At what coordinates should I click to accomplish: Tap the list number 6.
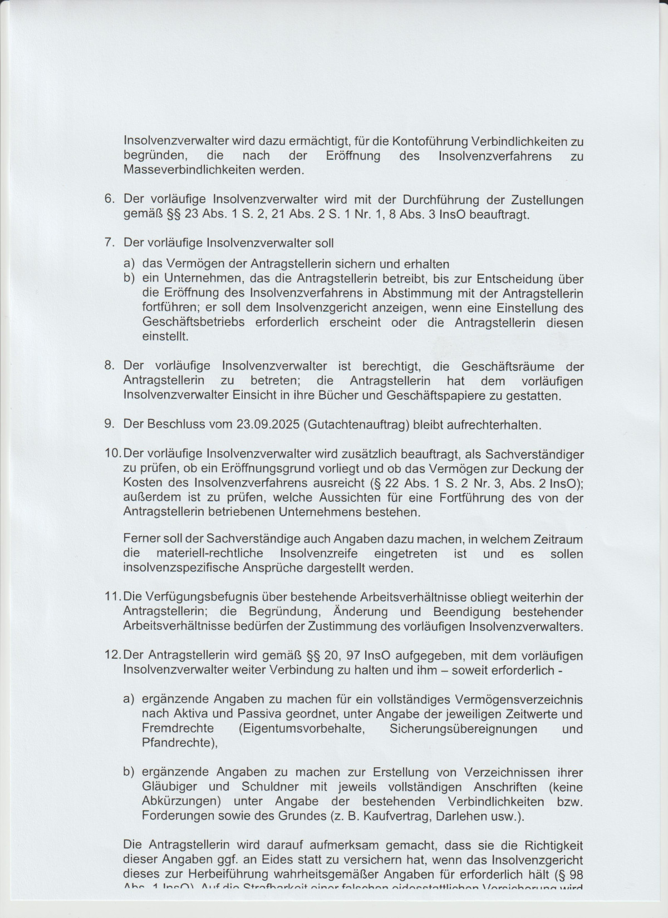click(x=110, y=200)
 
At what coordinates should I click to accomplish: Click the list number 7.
click(x=110, y=243)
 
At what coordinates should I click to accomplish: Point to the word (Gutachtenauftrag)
click(x=357, y=425)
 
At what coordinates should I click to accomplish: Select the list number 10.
click(x=112, y=454)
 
